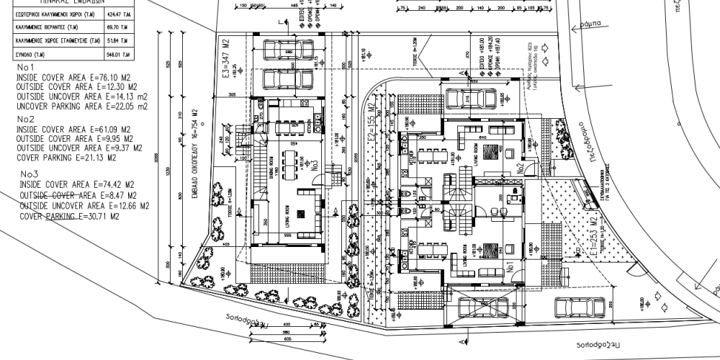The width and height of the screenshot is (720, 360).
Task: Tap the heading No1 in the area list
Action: pos(27,66)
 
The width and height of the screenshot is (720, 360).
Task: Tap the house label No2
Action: pos(518,171)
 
